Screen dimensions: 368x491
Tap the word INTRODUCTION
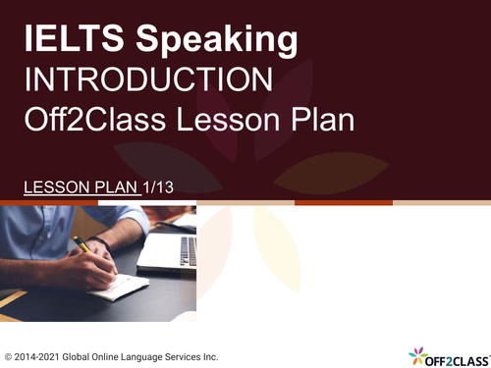coord(147,79)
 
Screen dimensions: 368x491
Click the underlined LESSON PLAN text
coord(82,185)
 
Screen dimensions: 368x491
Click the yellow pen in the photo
coord(81,244)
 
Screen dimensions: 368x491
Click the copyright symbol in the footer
coord(9,355)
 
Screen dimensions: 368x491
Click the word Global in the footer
coord(85,355)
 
